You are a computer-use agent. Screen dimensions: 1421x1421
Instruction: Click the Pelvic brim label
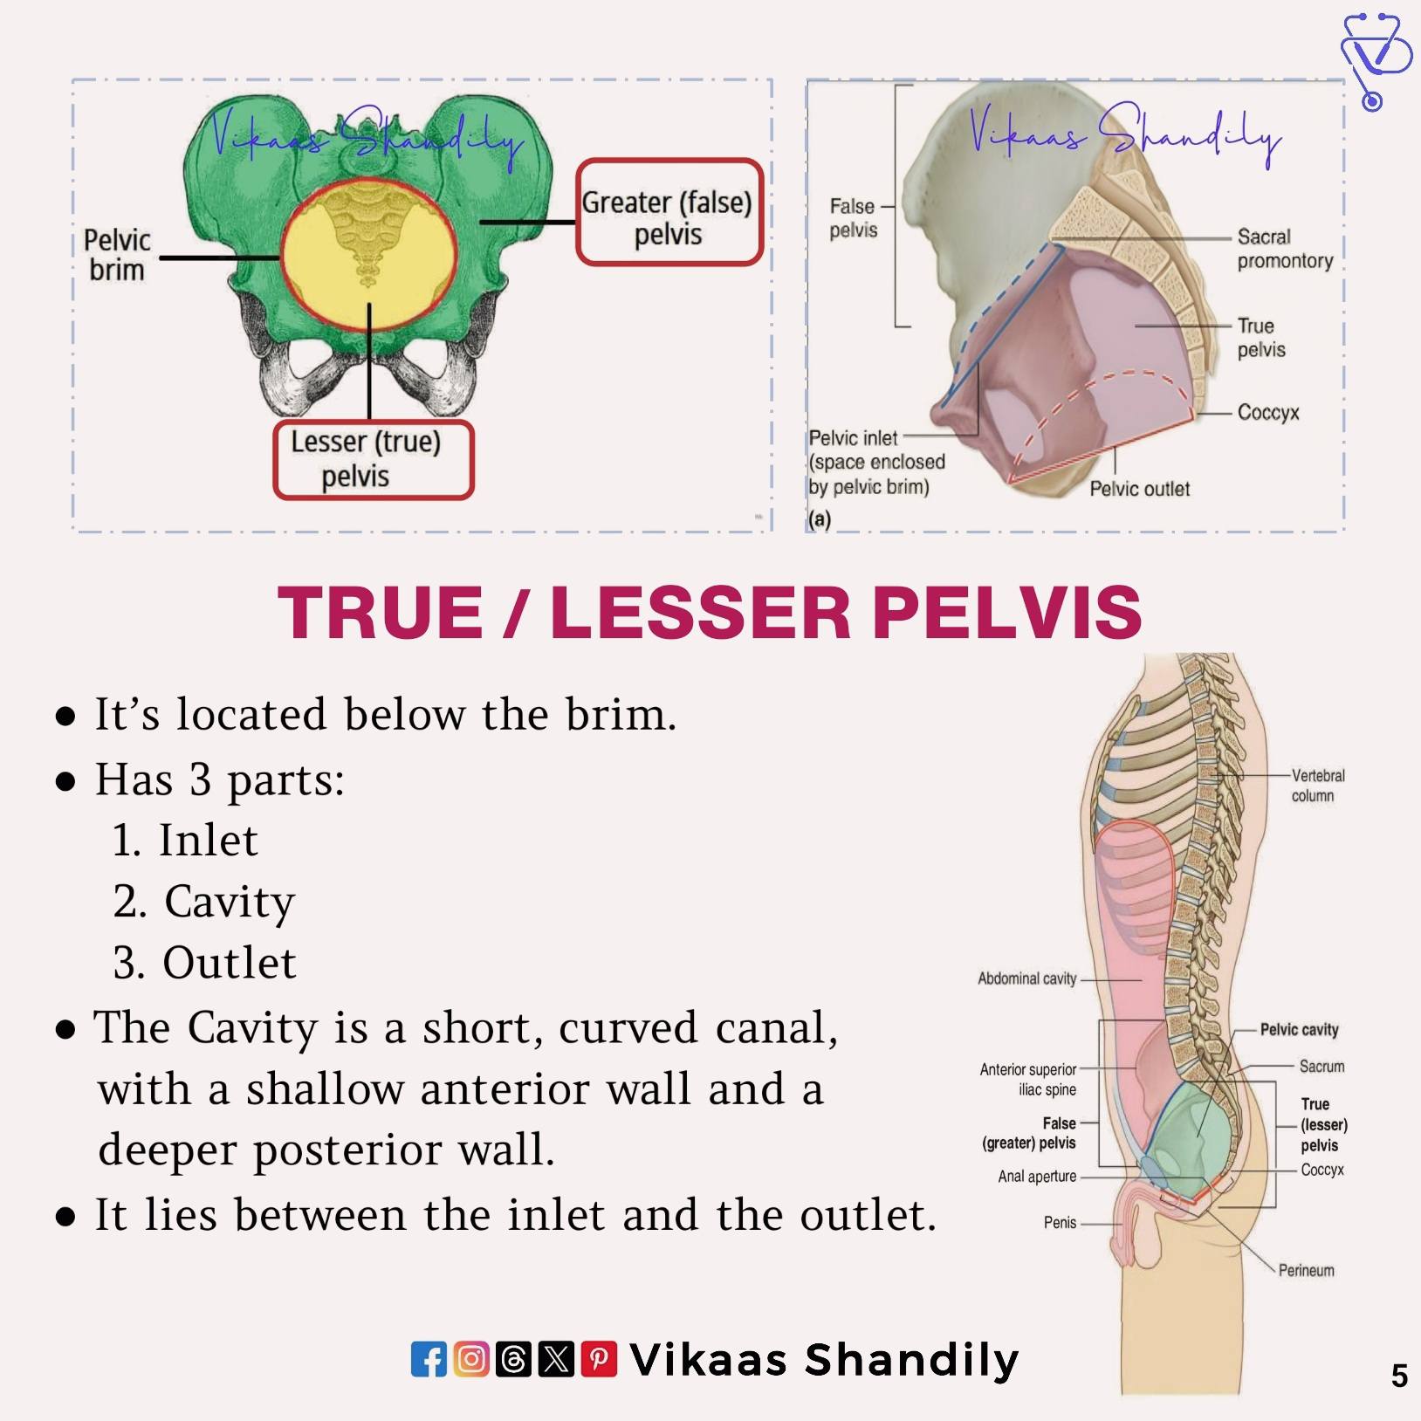(x=117, y=255)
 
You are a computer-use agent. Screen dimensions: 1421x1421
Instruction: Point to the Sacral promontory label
(x=1285, y=249)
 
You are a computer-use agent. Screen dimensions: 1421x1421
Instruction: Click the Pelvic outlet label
(x=1139, y=489)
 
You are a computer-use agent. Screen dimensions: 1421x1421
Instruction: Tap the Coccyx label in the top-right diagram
(x=1268, y=412)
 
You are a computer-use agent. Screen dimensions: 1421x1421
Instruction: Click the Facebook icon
(x=429, y=1359)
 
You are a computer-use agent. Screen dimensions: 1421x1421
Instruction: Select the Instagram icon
(x=471, y=1359)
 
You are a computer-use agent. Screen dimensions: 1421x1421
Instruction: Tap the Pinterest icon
(x=599, y=1359)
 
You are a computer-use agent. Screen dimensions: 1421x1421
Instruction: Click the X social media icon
(x=556, y=1359)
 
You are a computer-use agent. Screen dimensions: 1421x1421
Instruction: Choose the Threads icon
(x=513, y=1359)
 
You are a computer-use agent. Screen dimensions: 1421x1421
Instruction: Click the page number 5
(x=1399, y=1376)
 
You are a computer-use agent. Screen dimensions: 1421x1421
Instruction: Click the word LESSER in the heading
(x=701, y=612)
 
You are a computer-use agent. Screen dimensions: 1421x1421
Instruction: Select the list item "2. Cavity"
(x=204, y=903)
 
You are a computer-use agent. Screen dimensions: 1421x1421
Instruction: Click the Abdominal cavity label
(x=1027, y=979)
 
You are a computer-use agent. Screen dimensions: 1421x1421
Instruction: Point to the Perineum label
(x=1307, y=1271)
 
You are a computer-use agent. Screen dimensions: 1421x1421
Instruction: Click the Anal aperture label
(x=1037, y=1177)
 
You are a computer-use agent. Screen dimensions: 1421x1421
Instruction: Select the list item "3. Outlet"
(x=204, y=963)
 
